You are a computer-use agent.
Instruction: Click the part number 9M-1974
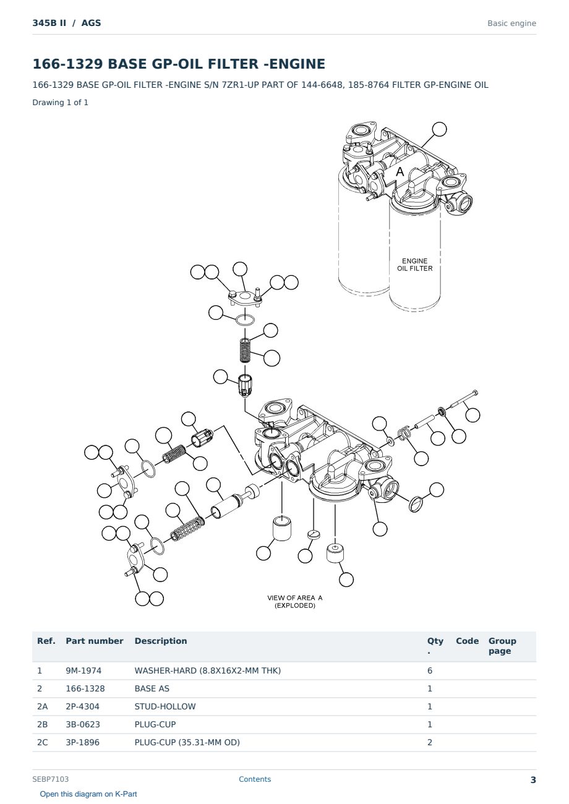pos(83,670)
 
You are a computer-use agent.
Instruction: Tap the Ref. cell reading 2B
pos(42,724)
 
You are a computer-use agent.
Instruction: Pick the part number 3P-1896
pos(82,742)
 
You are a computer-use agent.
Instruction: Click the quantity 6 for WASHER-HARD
pos(430,670)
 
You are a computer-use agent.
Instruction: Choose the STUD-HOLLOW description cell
pos(165,706)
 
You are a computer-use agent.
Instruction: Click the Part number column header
pos(95,641)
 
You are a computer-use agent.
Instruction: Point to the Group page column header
pos(502,646)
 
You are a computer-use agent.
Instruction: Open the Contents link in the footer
pos(255,779)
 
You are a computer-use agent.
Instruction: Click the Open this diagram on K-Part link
pos(88,793)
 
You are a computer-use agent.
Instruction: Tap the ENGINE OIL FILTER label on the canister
pos(414,265)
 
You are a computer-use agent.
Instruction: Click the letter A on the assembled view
pos(400,172)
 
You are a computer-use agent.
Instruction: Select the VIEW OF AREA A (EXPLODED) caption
pos(295,602)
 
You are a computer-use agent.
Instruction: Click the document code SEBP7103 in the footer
pos(50,779)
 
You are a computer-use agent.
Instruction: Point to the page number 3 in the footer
pos(533,780)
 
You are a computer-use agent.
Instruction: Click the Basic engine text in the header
pos(511,24)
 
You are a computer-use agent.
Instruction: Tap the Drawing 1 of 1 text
pos(61,102)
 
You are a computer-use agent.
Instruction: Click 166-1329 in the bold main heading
pos(67,64)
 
